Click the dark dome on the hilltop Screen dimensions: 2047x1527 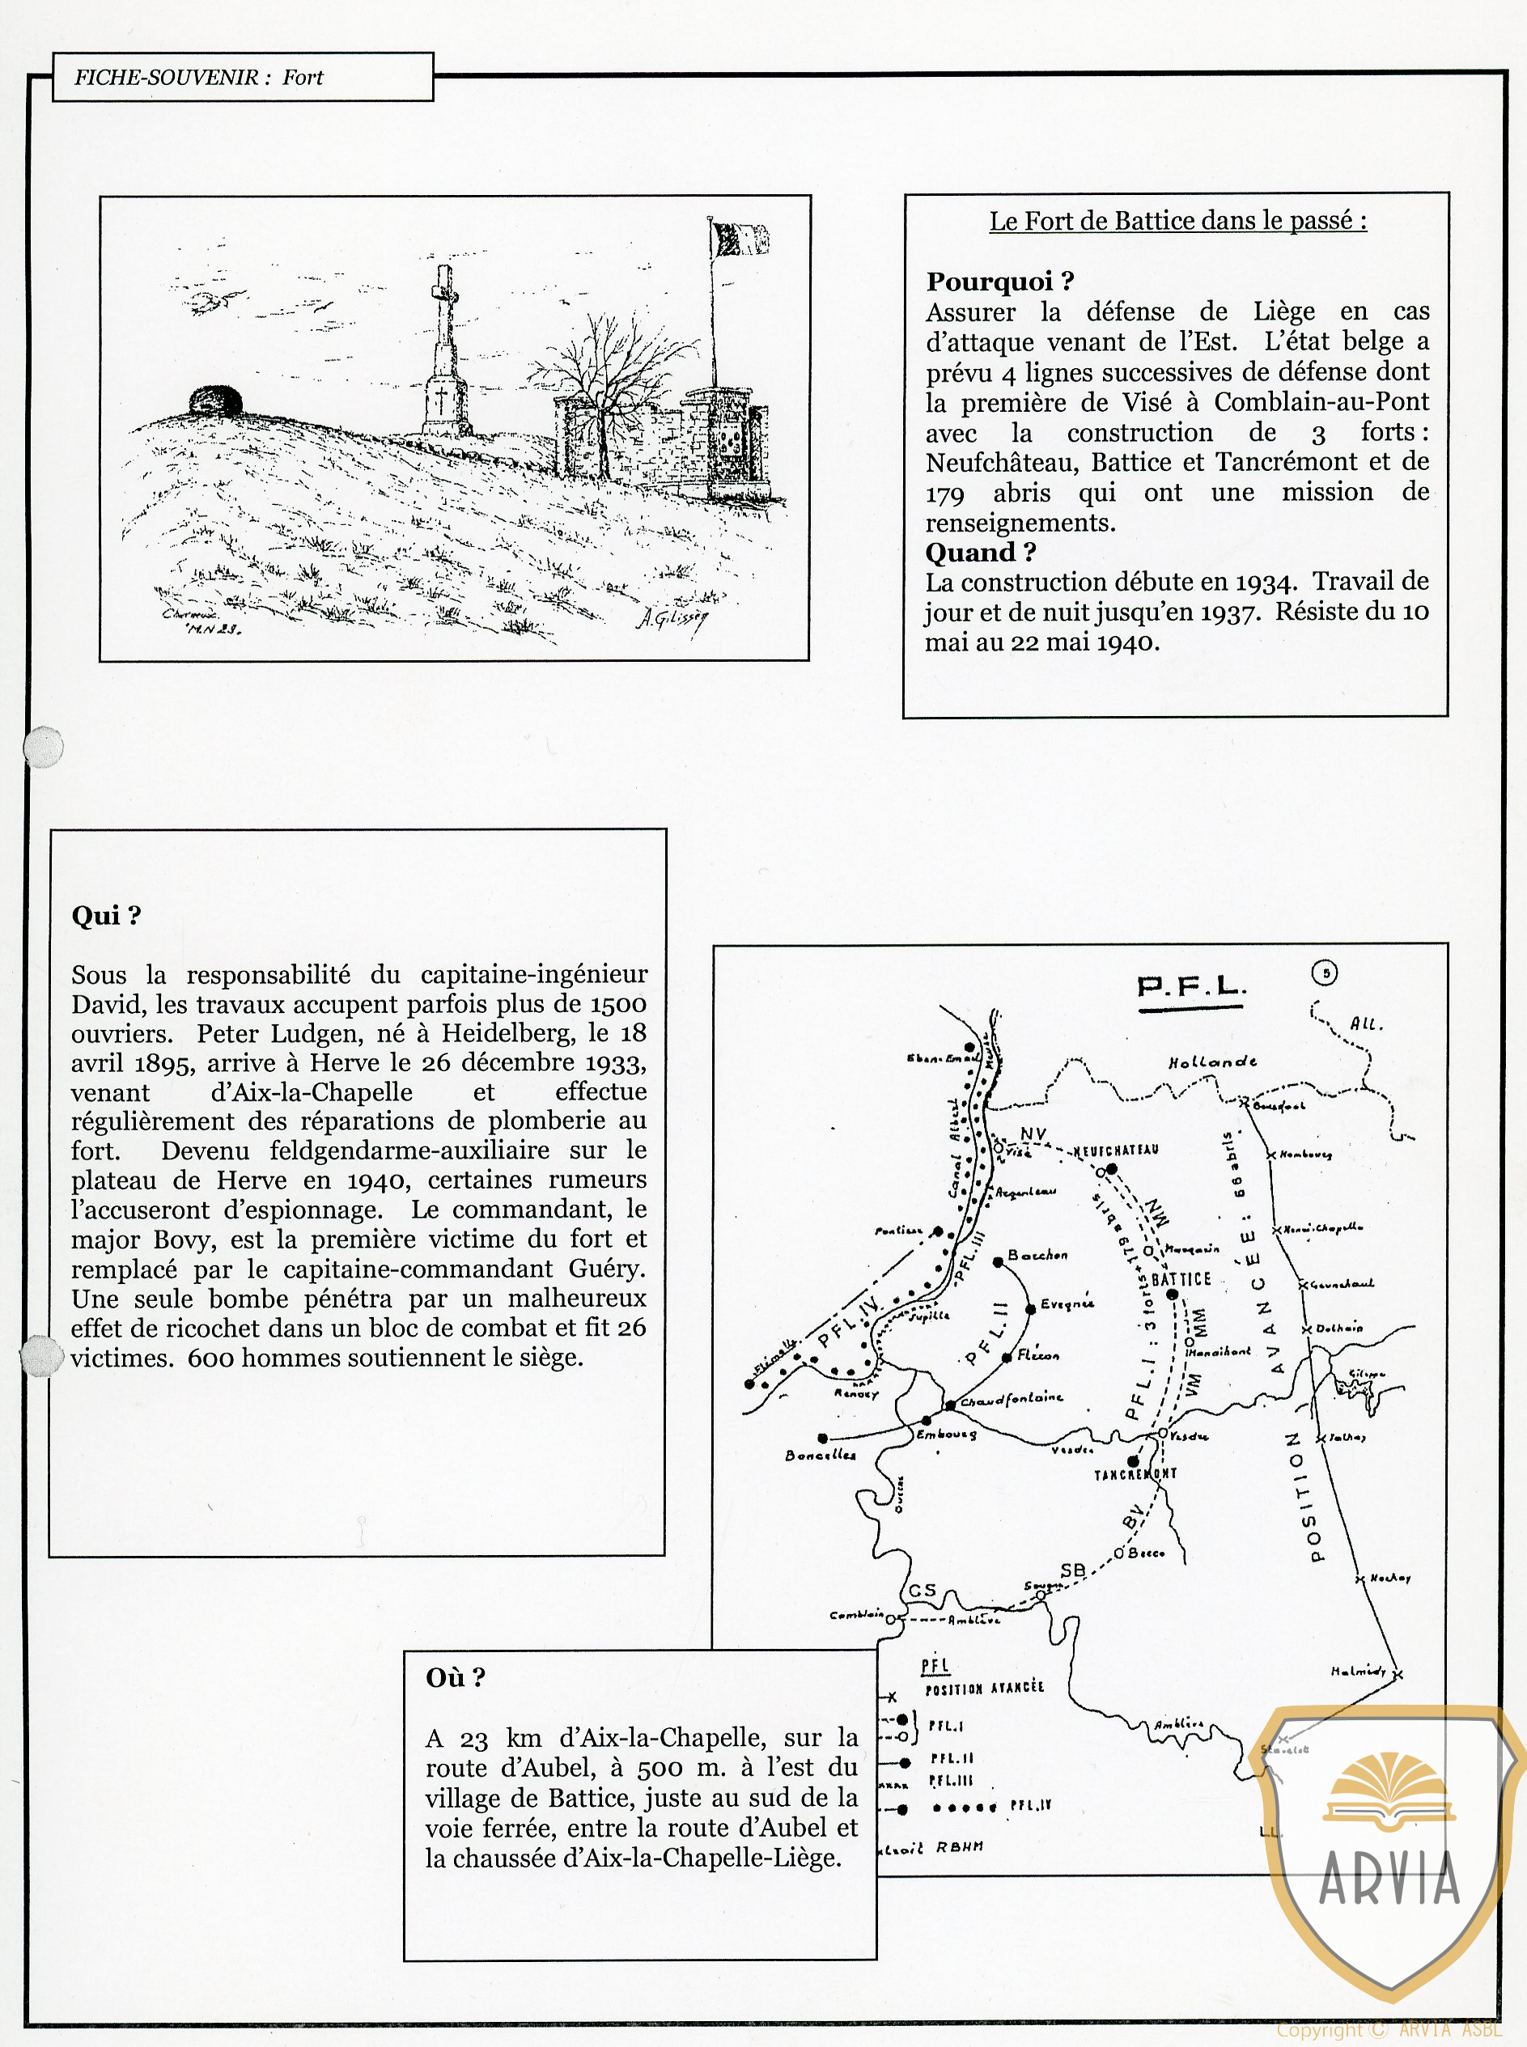pos(215,402)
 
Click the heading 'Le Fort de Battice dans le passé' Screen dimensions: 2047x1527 pos(1177,221)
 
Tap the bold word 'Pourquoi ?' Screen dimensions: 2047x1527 pos(999,281)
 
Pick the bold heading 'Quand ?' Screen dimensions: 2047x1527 pos(980,552)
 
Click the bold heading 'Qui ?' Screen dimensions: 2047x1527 pos(106,915)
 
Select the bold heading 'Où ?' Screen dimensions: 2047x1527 pos(455,1677)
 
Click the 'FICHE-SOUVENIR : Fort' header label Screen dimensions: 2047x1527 pos(199,78)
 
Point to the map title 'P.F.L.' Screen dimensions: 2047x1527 pos(1190,987)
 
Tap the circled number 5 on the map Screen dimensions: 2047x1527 pos(1325,973)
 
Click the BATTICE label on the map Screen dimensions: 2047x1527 pos(1181,1279)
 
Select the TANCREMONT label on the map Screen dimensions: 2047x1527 pos(1135,1474)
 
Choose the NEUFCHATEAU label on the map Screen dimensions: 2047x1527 pos(1116,1151)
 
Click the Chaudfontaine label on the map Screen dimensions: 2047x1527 pos(1012,1399)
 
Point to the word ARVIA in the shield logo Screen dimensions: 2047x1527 pos(1389,1878)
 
